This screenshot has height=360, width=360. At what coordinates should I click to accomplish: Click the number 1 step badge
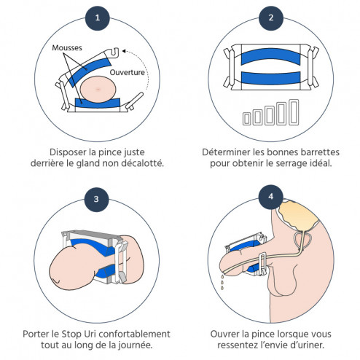point(98,18)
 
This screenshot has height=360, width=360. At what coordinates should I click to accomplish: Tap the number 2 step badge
point(271,18)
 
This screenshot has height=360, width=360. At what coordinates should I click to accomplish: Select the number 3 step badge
point(96,200)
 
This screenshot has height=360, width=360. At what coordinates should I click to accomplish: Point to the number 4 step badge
point(271,197)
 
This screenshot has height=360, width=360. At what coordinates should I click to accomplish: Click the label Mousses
point(67,47)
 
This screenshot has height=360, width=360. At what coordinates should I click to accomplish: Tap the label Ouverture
point(128,72)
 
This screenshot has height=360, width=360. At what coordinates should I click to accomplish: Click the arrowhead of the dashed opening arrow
point(124,51)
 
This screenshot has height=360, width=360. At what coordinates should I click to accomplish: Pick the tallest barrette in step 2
point(294,112)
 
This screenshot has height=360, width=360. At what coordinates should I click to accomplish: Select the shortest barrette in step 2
point(247,119)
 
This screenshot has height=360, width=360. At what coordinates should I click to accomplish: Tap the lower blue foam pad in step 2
point(270,78)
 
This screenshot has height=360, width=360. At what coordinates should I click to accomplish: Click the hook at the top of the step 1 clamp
point(114,53)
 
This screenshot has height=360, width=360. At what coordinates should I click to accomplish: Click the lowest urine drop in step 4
point(222,288)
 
